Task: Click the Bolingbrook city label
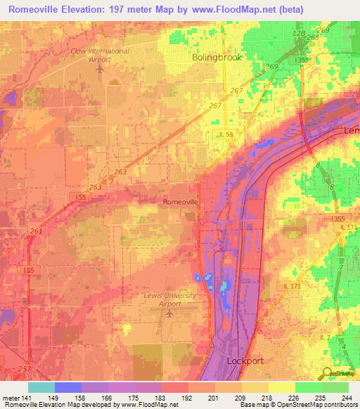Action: coord(217,58)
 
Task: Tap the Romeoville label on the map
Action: coord(181,202)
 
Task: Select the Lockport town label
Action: coord(245,360)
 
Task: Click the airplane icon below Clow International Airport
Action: coord(100,69)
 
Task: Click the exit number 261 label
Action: coord(36,231)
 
